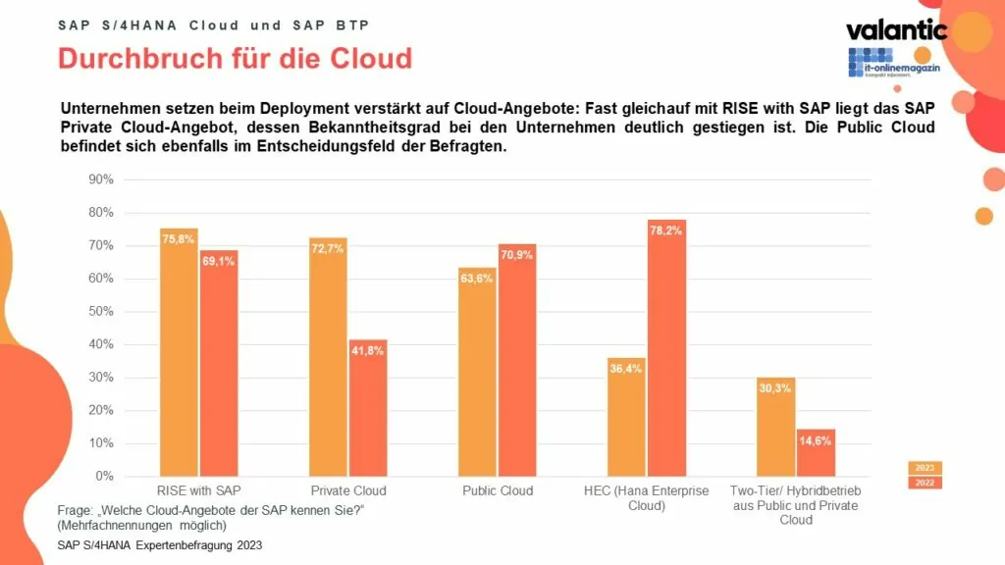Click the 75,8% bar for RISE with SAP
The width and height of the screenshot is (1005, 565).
click(x=179, y=353)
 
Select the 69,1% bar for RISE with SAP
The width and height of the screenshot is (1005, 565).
click(x=218, y=364)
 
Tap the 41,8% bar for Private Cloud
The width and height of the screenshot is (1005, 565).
click(x=367, y=408)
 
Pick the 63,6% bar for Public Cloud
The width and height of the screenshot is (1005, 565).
click(x=477, y=373)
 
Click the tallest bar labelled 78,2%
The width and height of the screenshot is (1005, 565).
click(x=666, y=348)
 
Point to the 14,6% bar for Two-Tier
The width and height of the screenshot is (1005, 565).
click(x=816, y=453)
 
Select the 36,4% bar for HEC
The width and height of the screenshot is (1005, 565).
click(x=627, y=418)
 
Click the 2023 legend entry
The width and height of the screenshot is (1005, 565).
click(x=924, y=467)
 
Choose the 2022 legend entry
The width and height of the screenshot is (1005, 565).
click(x=924, y=482)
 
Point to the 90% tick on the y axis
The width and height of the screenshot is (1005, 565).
click(x=101, y=180)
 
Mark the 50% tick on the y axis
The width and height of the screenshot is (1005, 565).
click(x=101, y=312)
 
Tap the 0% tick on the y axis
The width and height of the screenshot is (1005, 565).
click(x=104, y=477)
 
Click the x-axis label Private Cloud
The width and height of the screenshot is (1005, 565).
click(x=347, y=490)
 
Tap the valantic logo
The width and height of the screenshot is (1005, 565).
click(x=896, y=29)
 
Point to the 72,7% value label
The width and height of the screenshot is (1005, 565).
click(x=328, y=249)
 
